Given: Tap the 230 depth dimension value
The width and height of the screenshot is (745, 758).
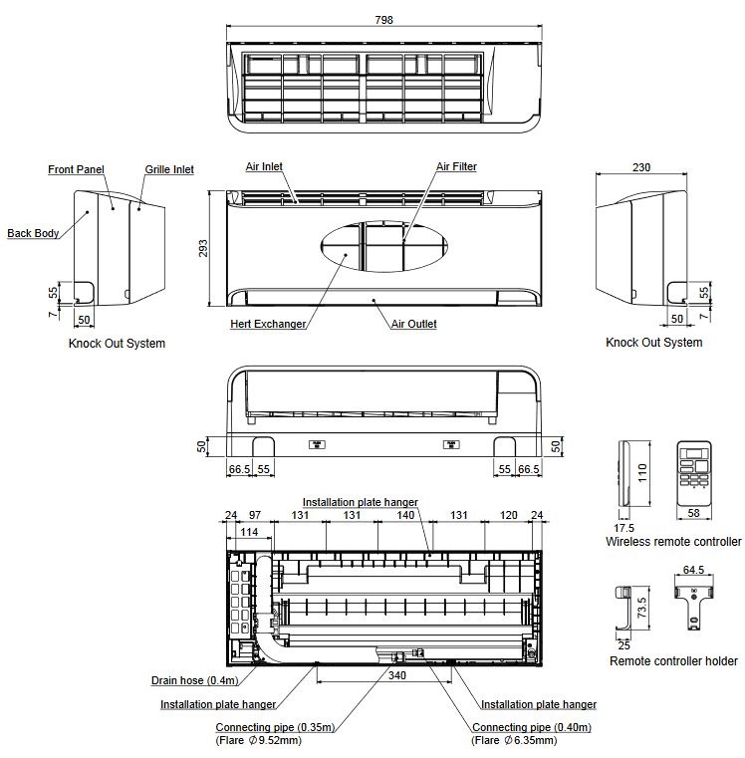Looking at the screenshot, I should click(x=640, y=167).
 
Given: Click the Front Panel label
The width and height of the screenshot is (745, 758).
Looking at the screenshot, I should click(x=76, y=170).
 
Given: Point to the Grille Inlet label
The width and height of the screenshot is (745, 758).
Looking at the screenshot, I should click(x=168, y=170).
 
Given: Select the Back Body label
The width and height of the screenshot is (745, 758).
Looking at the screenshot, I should click(x=33, y=234).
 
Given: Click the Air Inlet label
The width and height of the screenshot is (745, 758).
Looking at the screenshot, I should click(x=264, y=167).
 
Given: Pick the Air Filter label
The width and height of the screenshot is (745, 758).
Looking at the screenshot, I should click(x=456, y=167).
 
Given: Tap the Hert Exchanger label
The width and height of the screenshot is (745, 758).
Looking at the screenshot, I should click(x=268, y=324).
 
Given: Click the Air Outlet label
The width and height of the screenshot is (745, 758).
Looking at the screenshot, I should click(x=413, y=324).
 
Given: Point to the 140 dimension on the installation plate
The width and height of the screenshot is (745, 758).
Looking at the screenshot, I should click(x=405, y=515).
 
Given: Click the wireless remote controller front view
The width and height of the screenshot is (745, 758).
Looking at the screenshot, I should click(x=696, y=479).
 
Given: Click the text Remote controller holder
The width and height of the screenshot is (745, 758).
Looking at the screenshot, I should click(x=673, y=661).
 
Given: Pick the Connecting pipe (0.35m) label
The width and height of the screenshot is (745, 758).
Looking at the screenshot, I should click(x=275, y=727).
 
